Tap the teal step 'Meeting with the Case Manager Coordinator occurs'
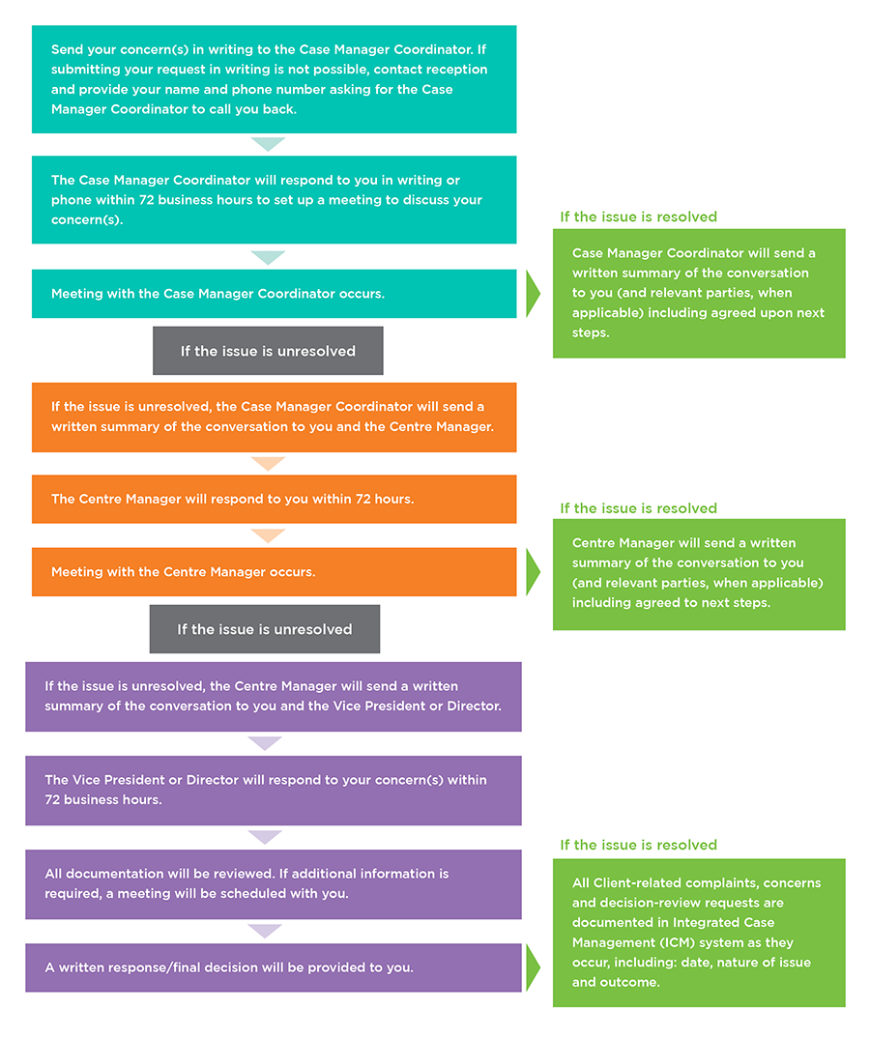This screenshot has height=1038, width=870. click(x=274, y=294)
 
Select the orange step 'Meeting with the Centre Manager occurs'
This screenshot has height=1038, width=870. click(x=274, y=572)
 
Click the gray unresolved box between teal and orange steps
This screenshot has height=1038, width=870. click(x=268, y=351)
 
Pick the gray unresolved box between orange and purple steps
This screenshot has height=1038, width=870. click(x=264, y=629)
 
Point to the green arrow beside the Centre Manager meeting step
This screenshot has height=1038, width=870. click(x=533, y=572)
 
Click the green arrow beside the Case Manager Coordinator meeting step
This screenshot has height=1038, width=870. click(x=533, y=294)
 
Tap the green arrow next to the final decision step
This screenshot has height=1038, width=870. click(x=533, y=967)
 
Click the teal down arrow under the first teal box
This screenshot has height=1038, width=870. click(x=268, y=144)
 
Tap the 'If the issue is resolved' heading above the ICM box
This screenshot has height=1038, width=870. click(x=638, y=845)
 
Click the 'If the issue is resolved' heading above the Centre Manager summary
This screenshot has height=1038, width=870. click(x=638, y=508)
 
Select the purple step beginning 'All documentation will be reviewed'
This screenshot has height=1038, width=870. click(x=274, y=883)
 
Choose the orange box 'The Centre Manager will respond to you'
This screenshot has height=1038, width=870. click(x=274, y=500)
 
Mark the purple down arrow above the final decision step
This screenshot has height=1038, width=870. click(x=264, y=931)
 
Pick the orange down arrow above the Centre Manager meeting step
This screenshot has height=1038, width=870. click(x=268, y=535)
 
